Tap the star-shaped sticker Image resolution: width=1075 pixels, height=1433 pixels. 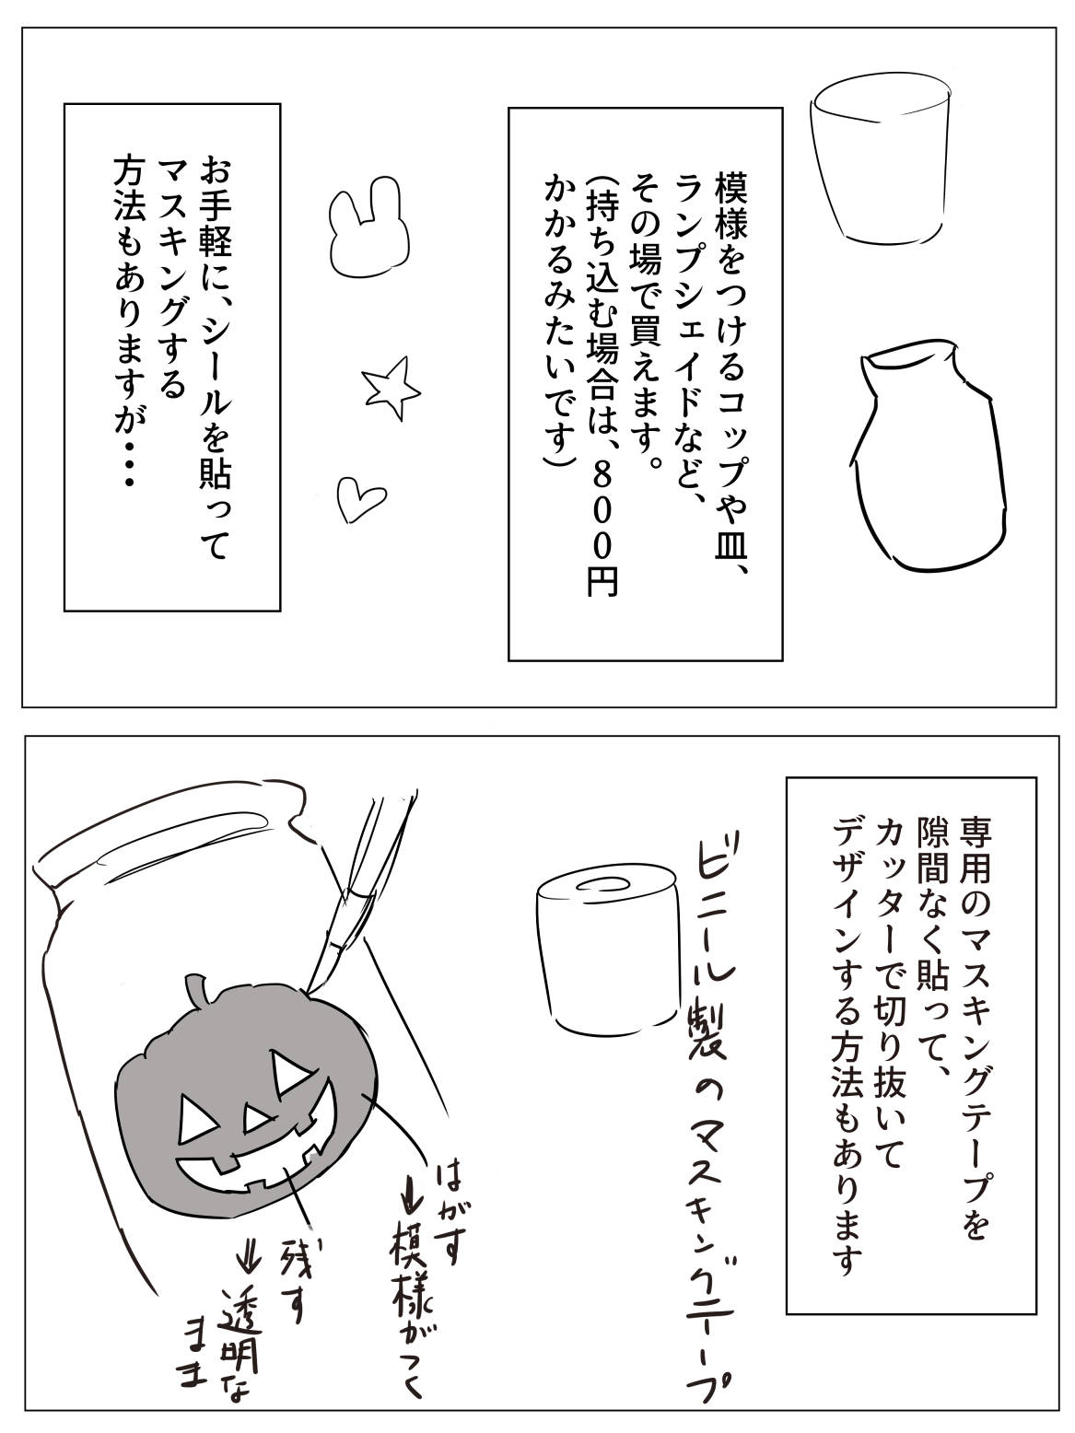coord(391,388)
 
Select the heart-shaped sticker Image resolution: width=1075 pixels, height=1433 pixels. coord(358,498)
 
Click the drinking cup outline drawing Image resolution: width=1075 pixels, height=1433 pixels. coord(879,160)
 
